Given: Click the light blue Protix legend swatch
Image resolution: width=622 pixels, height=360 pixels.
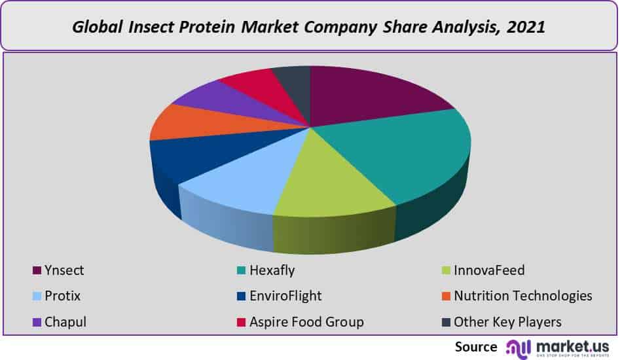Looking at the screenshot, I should (37, 297).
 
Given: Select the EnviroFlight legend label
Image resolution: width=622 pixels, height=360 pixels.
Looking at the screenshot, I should (285, 296).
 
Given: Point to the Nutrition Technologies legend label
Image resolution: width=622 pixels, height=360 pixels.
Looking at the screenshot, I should (522, 296).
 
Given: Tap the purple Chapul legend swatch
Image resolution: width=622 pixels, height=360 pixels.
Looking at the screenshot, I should (37, 323).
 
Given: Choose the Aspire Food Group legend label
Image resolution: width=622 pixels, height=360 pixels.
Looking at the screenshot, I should (306, 322).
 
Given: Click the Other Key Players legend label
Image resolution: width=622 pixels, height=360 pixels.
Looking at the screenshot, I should (507, 322).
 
